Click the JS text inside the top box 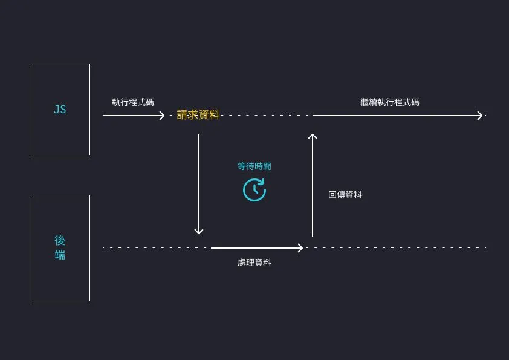pos(60,110)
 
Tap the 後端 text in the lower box pos(60,247)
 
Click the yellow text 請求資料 pos(198,115)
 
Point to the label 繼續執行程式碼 pos(389,102)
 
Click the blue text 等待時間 pos(254,166)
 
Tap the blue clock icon pos(254,189)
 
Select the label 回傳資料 pos(345,195)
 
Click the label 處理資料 pos(254,263)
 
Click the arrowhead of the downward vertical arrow pos(198,232)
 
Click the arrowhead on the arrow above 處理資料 pos(300,247)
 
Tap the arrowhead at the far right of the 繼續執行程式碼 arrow pos(481,115)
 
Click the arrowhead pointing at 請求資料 pos(162,115)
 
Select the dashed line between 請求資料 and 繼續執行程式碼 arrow pos(266,115)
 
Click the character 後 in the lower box pos(60,240)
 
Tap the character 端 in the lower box pos(60,255)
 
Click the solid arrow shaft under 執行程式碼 pos(130,115)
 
